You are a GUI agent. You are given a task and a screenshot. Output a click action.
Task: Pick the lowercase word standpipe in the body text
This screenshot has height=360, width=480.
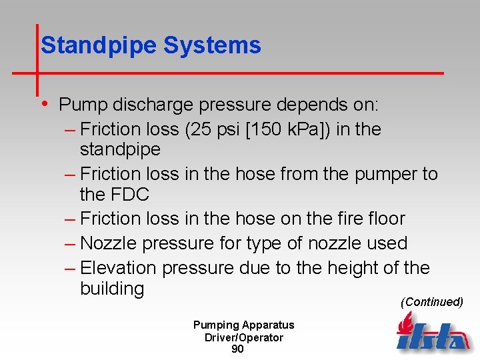[x=120, y=149]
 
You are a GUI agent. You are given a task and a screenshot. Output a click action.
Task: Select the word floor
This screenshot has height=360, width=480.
[x=381, y=219]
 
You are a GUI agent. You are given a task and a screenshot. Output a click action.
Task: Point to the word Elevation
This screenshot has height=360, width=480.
[x=118, y=268]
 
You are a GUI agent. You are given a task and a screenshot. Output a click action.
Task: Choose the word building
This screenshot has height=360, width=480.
[x=112, y=289]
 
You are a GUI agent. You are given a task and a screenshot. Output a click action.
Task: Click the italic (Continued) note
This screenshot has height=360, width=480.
[x=431, y=302]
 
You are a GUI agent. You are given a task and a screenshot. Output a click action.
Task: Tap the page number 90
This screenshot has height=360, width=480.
[x=237, y=349]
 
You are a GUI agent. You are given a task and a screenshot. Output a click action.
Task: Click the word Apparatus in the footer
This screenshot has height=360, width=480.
[x=268, y=325]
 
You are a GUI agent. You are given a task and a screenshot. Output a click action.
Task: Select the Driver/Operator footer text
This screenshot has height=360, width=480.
[x=243, y=337]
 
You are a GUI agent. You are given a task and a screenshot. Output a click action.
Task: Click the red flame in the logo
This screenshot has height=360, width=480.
[x=405, y=323]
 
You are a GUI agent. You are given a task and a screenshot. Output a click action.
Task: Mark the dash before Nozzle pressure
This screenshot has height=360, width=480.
[x=71, y=243]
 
